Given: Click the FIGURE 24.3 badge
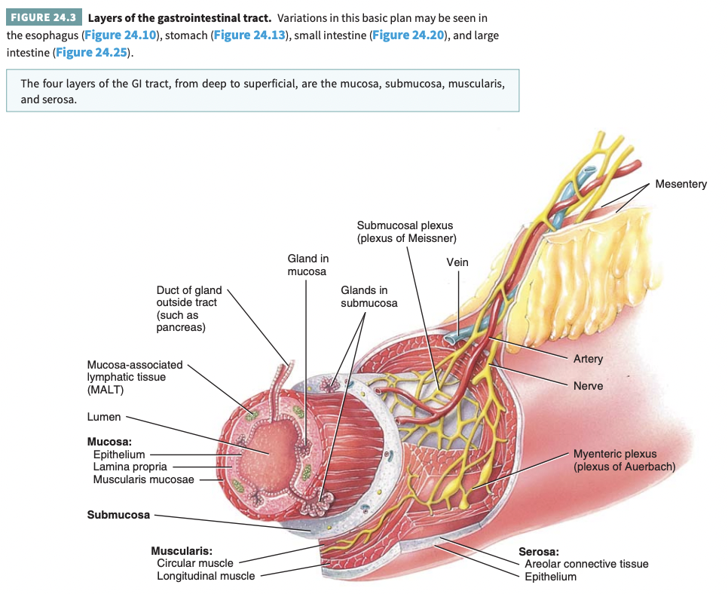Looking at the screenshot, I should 43,17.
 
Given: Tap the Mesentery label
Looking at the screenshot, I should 681,184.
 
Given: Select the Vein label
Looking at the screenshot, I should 457,262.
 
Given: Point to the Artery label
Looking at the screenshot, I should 588,359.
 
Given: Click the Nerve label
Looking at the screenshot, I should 588,386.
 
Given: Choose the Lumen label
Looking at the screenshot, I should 104,417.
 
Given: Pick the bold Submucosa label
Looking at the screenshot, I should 118,516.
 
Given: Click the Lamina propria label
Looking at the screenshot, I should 130,467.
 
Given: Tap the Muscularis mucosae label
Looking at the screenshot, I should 143,479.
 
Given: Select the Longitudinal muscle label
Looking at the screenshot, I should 206,576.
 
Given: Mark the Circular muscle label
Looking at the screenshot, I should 194,563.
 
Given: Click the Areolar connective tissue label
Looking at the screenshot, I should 586,564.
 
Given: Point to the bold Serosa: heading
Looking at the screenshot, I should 539,552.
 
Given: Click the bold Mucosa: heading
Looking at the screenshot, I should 111,442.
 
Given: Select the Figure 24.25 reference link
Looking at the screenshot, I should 90,53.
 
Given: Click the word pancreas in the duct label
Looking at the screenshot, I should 180,327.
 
